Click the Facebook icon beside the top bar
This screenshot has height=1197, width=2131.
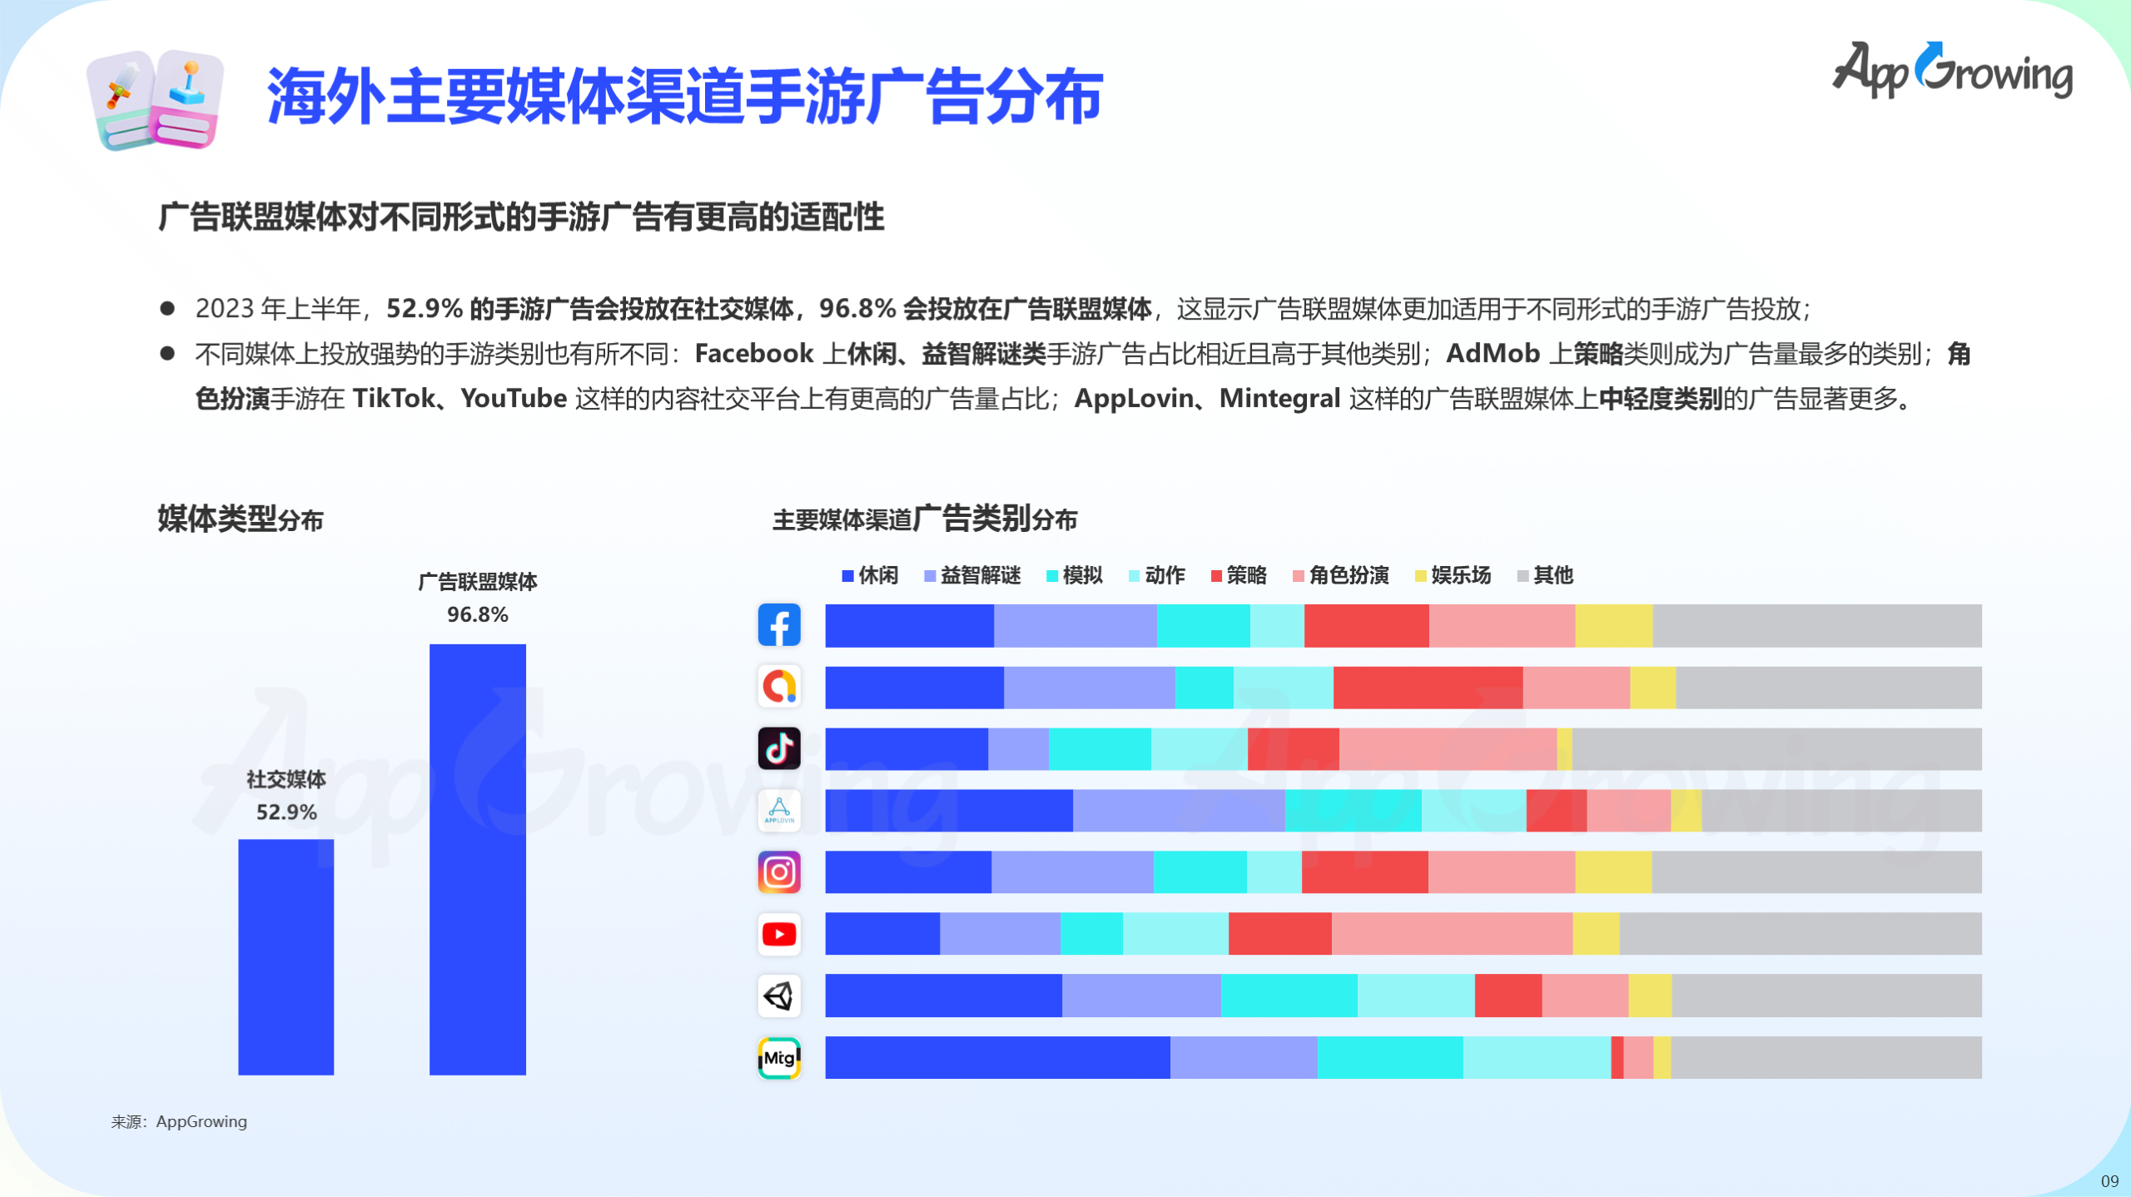click(779, 625)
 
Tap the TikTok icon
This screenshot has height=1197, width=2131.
click(779, 748)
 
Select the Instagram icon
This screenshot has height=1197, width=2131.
click(779, 872)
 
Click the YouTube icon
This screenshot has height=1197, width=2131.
click(779, 934)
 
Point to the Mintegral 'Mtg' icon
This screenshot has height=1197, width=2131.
click(779, 1058)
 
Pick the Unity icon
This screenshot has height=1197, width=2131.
click(779, 996)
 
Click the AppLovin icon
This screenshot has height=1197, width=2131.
click(779, 810)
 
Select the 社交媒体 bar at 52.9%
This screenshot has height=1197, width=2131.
click(286, 956)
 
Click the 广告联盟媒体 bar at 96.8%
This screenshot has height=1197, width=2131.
click(477, 859)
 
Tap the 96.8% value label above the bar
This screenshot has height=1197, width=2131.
click(477, 614)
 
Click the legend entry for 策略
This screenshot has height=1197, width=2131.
click(1239, 575)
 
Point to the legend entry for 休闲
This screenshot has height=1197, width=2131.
click(870, 575)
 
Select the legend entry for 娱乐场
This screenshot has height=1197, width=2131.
click(1453, 575)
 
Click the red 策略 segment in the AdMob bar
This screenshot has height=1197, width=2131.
click(1428, 688)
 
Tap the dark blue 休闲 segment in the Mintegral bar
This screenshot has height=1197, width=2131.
click(997, 1058)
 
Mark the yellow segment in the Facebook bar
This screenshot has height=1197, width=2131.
click(1613, 626)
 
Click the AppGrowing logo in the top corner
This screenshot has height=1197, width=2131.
click(1952, 71)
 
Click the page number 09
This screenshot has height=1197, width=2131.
click(2109, 1180)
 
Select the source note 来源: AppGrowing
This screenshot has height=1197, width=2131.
click(179, 1121)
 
